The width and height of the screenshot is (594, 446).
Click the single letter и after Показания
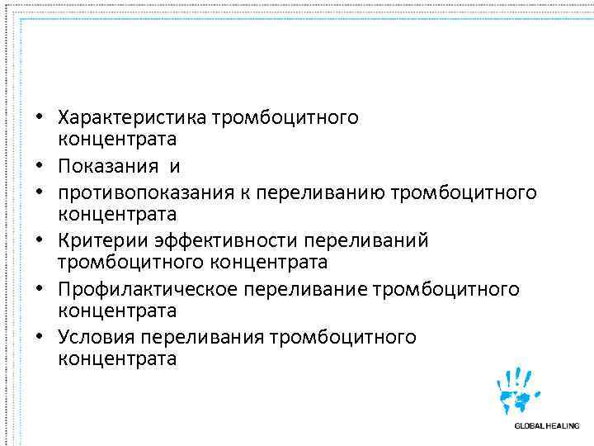pyautogui.click(x=175, y=168)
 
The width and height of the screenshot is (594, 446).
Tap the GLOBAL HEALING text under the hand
pyautogui.click(x=546, y=425)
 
